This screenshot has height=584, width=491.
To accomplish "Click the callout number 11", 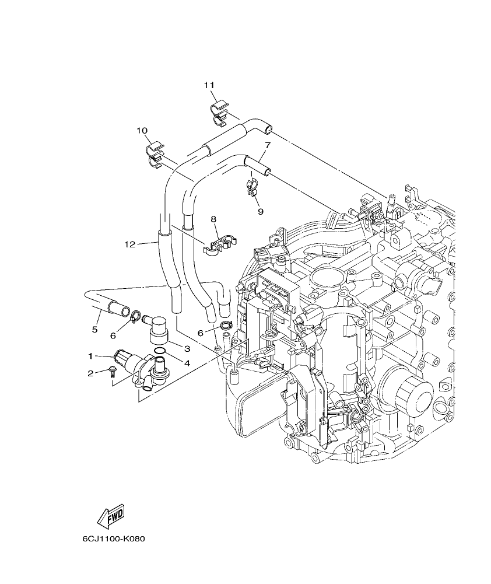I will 209,85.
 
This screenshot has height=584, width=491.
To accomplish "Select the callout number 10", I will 142,131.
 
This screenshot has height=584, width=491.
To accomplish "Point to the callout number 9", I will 260,212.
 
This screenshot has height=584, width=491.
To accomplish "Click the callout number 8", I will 213,219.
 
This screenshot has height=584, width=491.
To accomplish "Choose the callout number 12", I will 129,244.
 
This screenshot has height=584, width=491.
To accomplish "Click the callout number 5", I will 94,330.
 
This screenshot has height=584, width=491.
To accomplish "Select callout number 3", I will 187,348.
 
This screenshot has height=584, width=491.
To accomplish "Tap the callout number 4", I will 187,363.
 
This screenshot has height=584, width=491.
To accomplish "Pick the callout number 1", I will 90,355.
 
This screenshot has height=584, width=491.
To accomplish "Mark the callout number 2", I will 90,373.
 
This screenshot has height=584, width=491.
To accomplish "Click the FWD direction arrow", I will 111,516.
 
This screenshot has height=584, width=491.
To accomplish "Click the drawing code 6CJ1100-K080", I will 114,538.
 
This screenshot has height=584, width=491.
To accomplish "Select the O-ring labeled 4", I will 160,351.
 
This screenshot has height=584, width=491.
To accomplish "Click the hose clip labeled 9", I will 252,188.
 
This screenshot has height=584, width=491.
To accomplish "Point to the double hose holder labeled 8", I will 220,244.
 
